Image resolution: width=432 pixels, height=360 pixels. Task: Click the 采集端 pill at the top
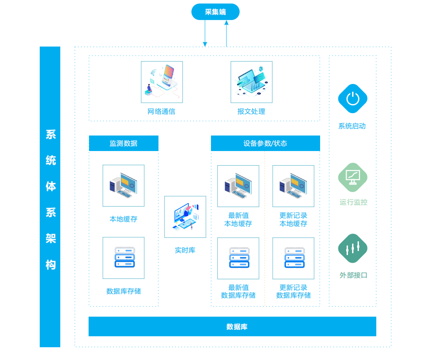[x=216, y=12]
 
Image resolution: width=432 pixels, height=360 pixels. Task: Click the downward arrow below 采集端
[x=205, y=33]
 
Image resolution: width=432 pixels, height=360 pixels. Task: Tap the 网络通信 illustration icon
[x=162, y=82]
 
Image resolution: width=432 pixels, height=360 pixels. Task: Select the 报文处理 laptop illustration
[x=252, y=82]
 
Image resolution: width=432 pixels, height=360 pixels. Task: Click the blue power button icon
[x=353, y=99]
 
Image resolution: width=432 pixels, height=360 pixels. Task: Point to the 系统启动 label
[x=352, y=126]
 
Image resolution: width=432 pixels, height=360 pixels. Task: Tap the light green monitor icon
[x=353, y=177]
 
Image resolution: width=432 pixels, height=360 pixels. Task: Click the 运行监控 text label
[x=353, y=202]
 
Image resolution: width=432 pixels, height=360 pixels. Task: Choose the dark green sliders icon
[x=353, y=248]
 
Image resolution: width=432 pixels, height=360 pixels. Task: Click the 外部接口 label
[x=353, y=275]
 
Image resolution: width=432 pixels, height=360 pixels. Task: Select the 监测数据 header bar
[x=124, y=143]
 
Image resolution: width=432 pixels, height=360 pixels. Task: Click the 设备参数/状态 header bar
[x=266, y=143]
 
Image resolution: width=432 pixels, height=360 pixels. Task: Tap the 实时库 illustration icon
[x=185, y=217]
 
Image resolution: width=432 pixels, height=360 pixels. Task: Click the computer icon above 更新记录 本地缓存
[x=294, y=186]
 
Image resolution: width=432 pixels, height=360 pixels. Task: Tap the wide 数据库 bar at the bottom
[x=232, y=326]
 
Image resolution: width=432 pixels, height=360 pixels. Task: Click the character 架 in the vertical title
[x=51, y=238]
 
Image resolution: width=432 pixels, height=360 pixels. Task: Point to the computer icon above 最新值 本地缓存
[x=238, y=186]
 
